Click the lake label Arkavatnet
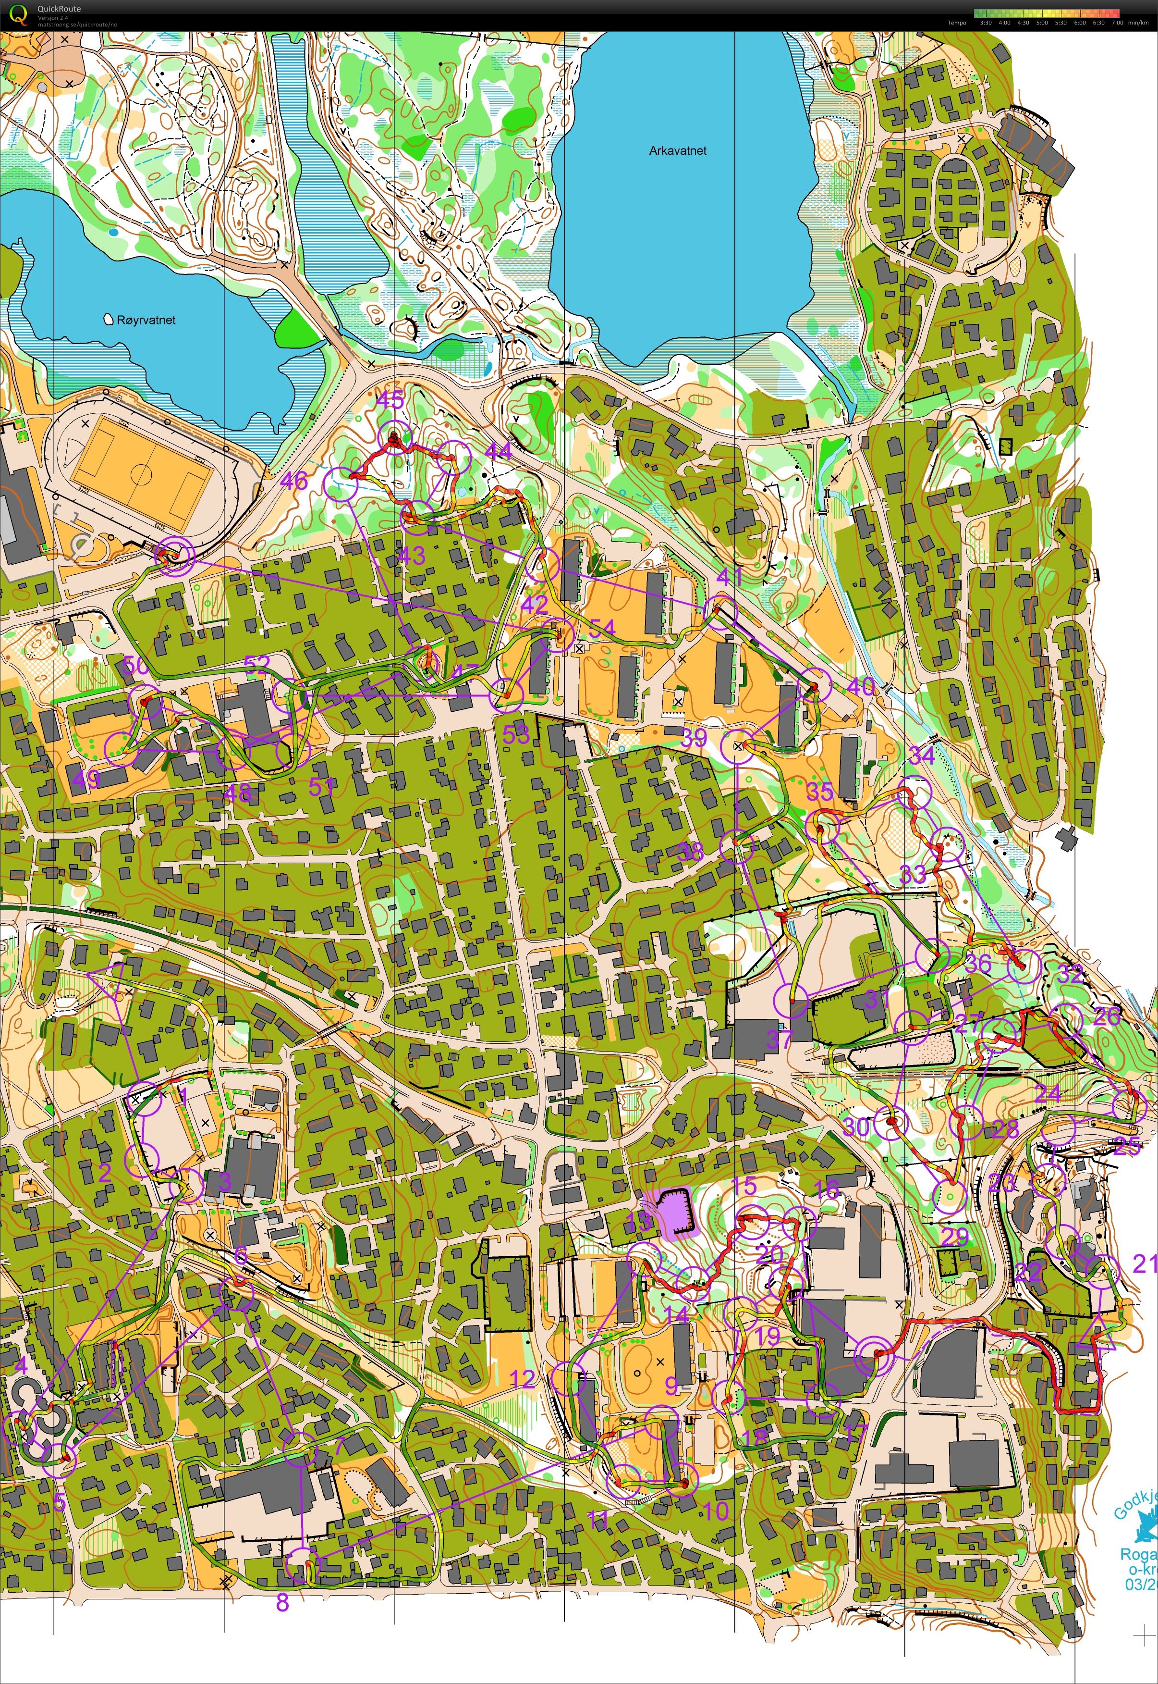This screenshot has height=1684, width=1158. click(x=677, y=151)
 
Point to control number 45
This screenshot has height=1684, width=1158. click(x=390, y=400)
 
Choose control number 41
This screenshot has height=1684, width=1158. click(x=729, y=577)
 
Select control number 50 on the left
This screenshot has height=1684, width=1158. click(x=135, y=665)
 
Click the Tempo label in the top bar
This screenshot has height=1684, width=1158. click(x=956, y=23)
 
